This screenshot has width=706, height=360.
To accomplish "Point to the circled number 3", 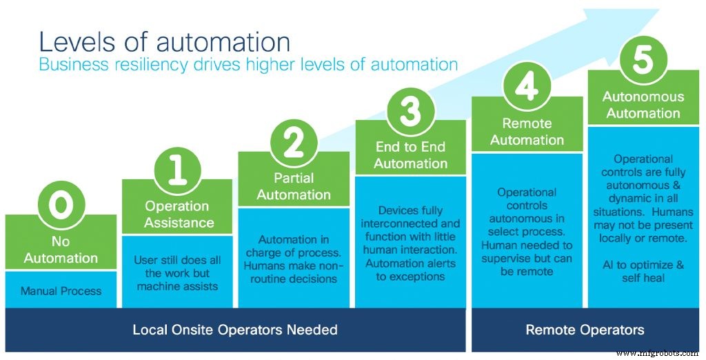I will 411,110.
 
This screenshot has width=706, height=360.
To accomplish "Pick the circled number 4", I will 527,88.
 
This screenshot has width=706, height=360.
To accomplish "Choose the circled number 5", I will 643,61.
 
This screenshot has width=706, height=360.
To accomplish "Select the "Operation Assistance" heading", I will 178,214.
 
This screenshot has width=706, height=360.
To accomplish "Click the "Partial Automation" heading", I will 294,187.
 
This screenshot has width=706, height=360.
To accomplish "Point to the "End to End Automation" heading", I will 411,155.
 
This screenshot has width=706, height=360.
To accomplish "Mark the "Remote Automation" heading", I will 527,132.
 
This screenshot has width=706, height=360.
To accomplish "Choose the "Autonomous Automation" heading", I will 643,105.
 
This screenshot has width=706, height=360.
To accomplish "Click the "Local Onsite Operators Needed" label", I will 235,330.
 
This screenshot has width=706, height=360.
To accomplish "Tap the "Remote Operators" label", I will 585,330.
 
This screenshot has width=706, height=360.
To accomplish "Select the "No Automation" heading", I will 61,250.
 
